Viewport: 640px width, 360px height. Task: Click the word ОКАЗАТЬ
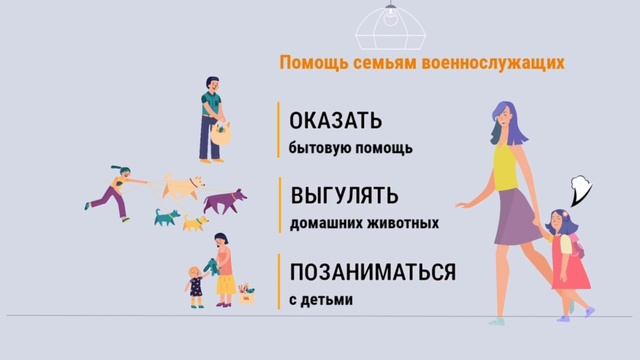click(335, 123)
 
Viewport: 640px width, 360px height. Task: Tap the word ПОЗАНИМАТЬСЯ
click(372, 273)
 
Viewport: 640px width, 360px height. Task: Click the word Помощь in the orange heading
click(310, 63)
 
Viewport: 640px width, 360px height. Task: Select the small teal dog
click(165, 216)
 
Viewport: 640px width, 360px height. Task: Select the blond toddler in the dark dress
click(195, 285)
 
